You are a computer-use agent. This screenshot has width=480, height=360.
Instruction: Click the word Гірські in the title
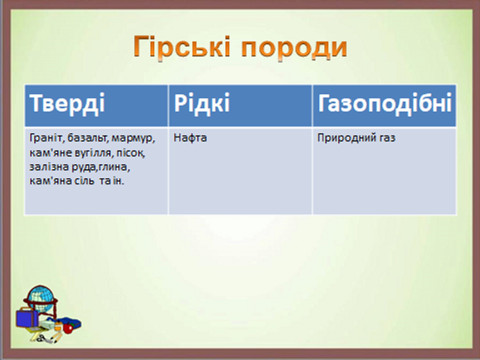click(x=182, y=47)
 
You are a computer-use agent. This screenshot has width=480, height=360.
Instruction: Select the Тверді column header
click(x=67, y=103)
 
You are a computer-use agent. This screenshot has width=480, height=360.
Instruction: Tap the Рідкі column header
click(x=202, y=103)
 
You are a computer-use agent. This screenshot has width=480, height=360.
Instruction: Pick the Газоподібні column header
click(x=385, y=103)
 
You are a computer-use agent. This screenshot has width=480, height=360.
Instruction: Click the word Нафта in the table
click(x=190, y=137)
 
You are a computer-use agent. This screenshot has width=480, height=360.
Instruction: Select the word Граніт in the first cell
click(x=47, y=138)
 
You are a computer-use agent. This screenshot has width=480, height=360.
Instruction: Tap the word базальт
click(x=87, y=138)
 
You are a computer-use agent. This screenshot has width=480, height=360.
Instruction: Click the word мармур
click(x=133, y=139)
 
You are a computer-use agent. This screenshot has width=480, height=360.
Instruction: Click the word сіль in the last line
click(x=83, y=181)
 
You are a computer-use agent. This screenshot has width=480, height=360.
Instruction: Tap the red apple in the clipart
click(x=67, y=328)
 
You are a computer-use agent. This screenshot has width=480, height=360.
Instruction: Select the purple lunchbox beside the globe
click(x=27, y=318)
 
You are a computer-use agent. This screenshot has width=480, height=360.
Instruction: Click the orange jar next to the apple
click(x=58, y=327)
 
